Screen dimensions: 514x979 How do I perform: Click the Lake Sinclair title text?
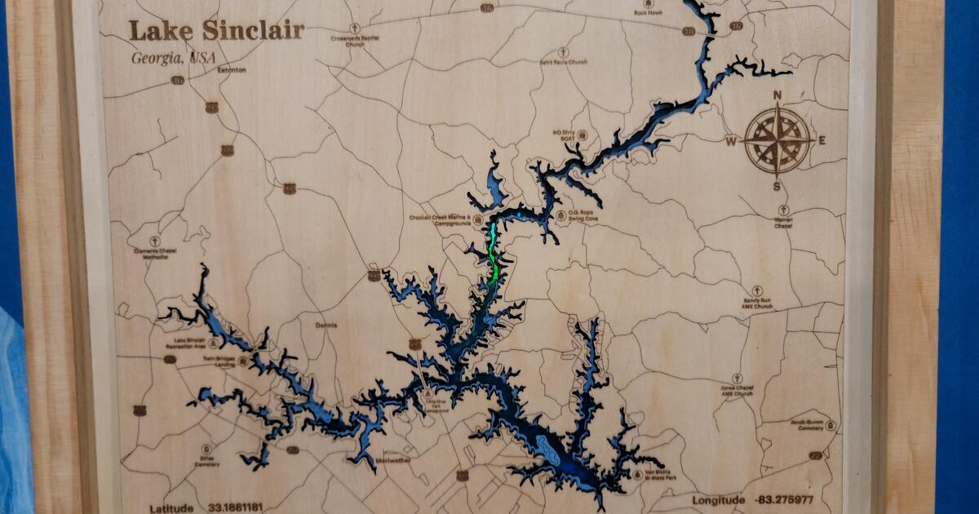[x=216, y=32]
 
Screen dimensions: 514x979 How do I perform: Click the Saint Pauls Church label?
[x=563, y=62]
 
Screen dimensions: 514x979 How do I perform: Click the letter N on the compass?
[x=777, y=95]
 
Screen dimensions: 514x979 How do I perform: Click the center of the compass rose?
[x=777, y=140]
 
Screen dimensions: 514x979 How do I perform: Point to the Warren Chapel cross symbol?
[x=783, y=210]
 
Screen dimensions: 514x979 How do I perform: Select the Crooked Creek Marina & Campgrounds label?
[x=441, y=220]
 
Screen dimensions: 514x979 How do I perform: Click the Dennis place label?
[x=326, y=325]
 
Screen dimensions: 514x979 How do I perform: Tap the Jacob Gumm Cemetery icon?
[x=830, y=425]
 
